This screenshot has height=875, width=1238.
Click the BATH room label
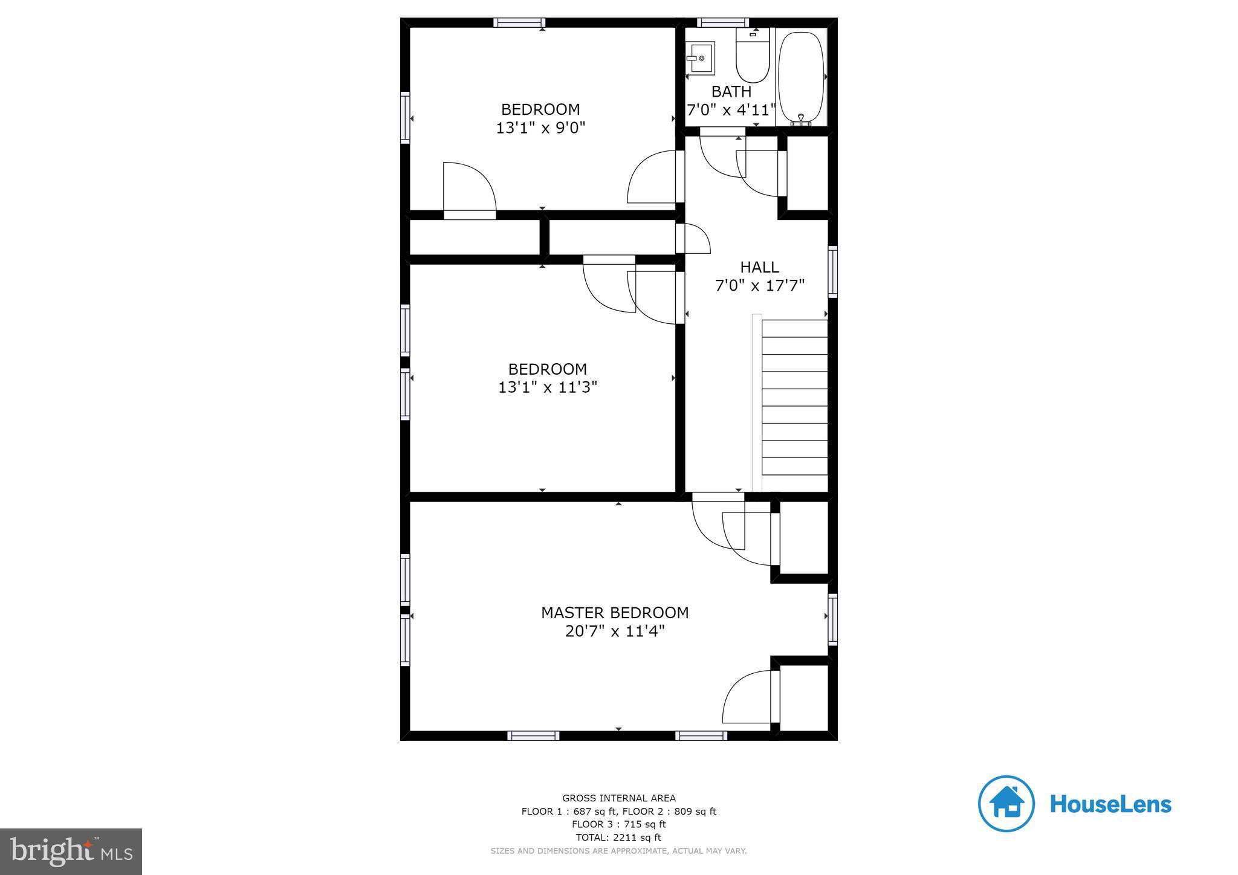[731, 92]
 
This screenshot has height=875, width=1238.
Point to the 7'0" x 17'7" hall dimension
[760, 285]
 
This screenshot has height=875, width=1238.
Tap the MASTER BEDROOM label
[615, 613]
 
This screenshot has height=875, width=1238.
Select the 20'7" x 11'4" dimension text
[615, 631]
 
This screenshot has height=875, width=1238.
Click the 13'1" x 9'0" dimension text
[540, 128]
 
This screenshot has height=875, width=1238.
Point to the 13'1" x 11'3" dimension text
[547, 387]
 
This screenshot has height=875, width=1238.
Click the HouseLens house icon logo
[1006, 804]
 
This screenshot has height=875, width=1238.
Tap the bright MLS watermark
[71, 851]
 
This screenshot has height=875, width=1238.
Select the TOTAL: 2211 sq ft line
[618, 838]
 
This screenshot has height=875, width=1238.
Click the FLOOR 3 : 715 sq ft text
[618, 824]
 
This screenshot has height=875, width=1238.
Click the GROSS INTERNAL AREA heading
[618, 798]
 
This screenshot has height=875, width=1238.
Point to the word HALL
[759, 267]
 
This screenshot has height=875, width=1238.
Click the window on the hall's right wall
[832, 271]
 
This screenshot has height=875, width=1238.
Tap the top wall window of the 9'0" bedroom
[519, 23]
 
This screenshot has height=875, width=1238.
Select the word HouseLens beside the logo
[1110, 804]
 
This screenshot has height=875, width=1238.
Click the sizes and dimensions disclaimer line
[618, 851]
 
